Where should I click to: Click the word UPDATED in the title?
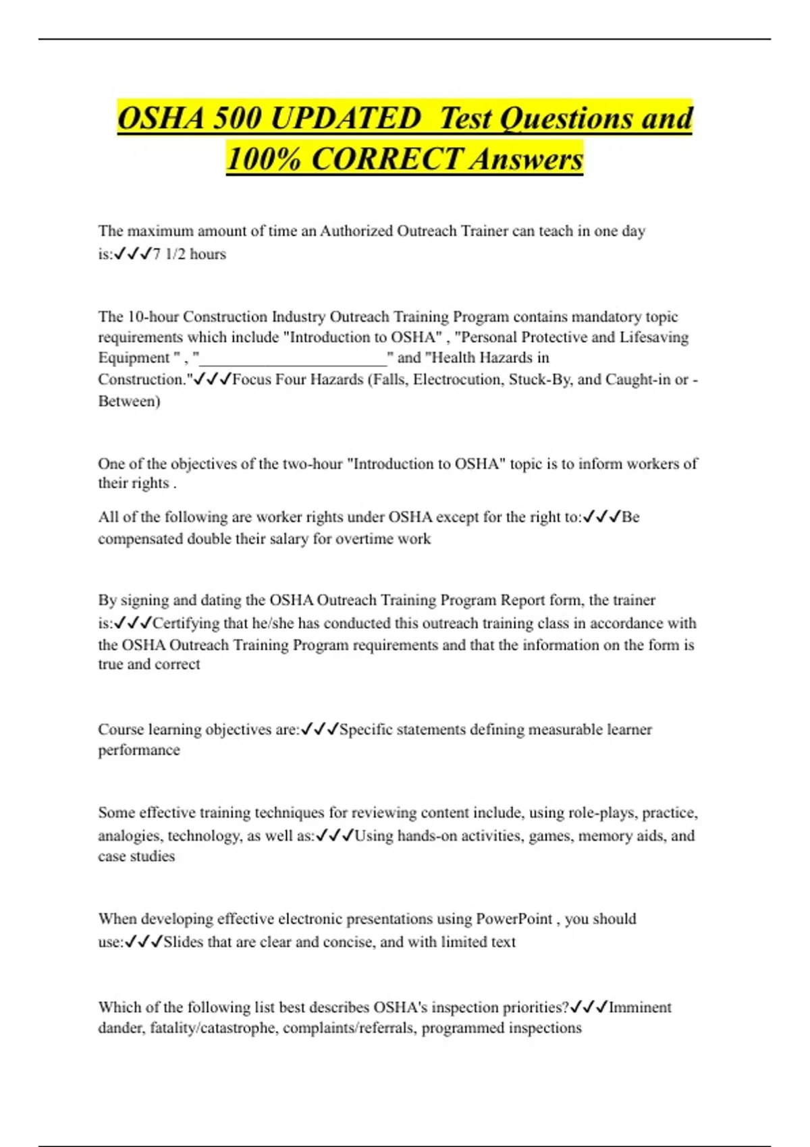pos(346,119)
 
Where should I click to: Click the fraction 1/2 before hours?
pos(175,254)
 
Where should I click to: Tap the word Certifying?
pos(186,623)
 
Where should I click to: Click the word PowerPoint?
pos(514,919)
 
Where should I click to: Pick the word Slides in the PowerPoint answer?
pos(183,942)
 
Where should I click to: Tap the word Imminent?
pos(640,1007)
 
